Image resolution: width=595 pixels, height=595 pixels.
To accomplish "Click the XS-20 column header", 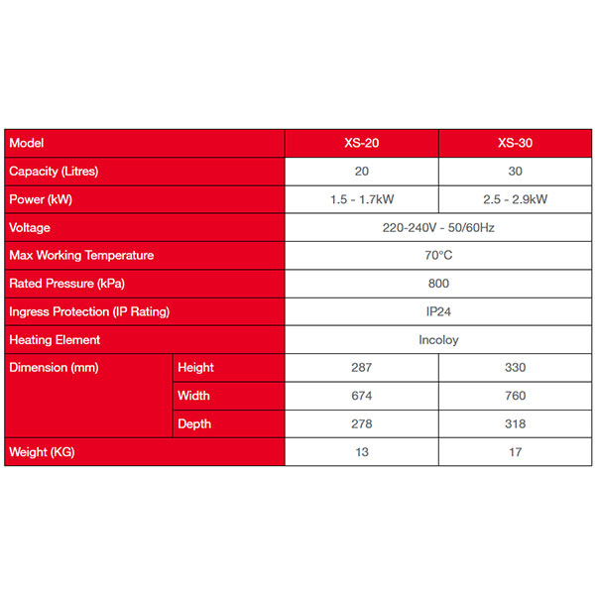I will (x=361, y=143).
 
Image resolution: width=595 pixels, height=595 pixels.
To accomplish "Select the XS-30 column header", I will (x=515, y=143).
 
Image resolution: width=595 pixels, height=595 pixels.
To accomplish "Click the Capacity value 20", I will (x=361, y=171).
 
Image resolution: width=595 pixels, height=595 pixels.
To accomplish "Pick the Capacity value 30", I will (x=515, y=171).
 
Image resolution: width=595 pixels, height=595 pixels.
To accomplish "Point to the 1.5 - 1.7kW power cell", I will (x=361, y=199).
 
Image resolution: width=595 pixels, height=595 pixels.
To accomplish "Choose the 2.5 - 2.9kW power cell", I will (x=515, y=199).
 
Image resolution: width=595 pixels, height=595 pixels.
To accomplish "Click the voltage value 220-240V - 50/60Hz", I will (x=437, y=227).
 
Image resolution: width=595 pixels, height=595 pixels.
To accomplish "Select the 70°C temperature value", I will (x=437, y=255).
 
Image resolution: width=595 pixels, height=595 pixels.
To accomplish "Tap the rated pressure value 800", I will (x=437, y=283).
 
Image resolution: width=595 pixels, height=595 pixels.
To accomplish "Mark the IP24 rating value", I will (x=437, y=311).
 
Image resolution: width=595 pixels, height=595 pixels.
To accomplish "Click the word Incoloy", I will (x=438, y=339).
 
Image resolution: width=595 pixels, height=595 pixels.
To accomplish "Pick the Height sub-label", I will (x=195, y=367).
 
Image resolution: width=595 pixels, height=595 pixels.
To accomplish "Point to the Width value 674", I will (x=361, y=396).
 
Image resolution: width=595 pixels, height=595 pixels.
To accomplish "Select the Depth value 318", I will (x=515, y=423).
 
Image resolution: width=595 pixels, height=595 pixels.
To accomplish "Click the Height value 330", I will (x=515, y=367).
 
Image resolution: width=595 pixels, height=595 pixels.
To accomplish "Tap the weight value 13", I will (x=361, y=452).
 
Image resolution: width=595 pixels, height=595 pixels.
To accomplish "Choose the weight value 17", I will (x=515, y=452).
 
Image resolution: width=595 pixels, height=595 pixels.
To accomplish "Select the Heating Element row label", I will (x=55, y=339).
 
